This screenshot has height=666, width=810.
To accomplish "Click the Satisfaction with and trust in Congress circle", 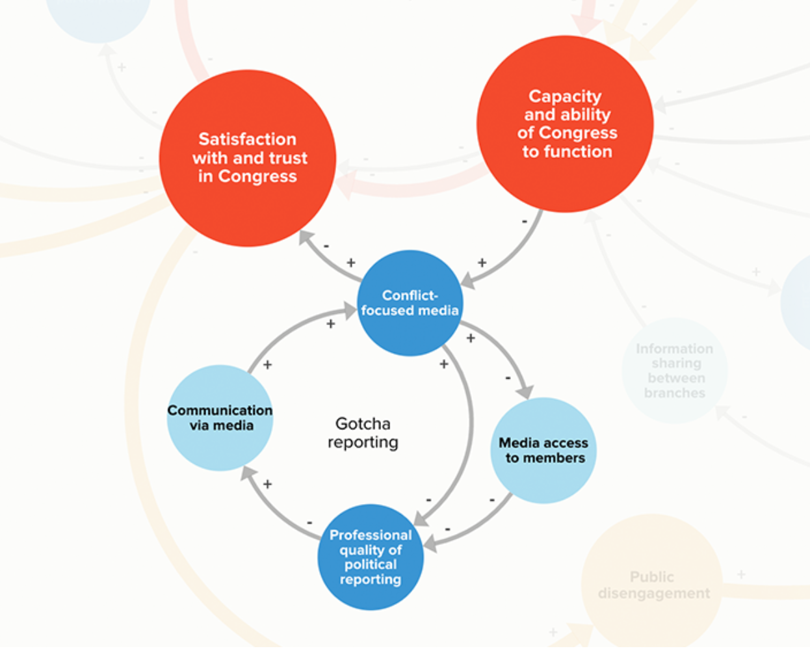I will pos(247,158).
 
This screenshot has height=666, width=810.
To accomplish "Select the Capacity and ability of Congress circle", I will pos(565,124).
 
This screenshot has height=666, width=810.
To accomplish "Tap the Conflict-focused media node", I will pos(410,303).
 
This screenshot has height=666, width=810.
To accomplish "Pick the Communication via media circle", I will pos(220,418).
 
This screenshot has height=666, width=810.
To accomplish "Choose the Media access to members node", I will pos(543,450).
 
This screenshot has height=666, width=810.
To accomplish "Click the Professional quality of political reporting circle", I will pos(371,557).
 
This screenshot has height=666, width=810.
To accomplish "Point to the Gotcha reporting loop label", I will pos(363,433).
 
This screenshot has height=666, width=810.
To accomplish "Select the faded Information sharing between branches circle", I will pos(674,371).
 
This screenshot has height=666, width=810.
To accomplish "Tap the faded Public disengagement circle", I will pos(652,584).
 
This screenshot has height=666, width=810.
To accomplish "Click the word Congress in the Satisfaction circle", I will pos(257,176).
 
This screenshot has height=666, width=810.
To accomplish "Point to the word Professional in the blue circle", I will pos(371,535).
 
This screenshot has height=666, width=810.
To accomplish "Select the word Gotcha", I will pos(363,423).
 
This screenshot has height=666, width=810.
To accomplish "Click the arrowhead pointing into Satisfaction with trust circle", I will pos(306,237).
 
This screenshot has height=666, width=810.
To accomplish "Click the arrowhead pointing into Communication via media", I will pos(248,473).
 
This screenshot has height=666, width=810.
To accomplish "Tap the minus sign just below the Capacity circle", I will pos(525,222).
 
